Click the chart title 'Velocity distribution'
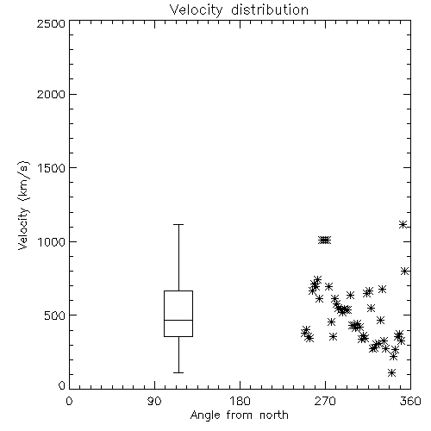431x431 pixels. [239, 10]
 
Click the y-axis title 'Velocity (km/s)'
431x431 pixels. [23, 205]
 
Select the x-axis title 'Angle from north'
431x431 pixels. [240, 415]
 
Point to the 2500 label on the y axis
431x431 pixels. [51, 23]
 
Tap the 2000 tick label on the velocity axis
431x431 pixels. [51, 94]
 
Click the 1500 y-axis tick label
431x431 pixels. [52, 168]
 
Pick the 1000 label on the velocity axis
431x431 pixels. [52, 241]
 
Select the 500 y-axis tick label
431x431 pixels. [55, 315]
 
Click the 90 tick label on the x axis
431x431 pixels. [154, 401]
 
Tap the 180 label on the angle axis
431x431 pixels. [240, 401]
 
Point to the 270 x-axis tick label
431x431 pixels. [325, 401]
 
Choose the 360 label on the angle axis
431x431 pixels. [410, 401]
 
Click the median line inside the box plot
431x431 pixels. [178, 320]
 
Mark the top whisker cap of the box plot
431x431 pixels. [178, 224]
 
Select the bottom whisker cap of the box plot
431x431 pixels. [178, 372]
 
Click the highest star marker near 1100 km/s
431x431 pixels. [403, 225]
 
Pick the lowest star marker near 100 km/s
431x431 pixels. [391, 373]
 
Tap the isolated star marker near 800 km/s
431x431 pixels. [405, 271]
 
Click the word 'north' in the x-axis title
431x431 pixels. [274, 415]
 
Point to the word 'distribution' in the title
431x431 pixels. [270, 10]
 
